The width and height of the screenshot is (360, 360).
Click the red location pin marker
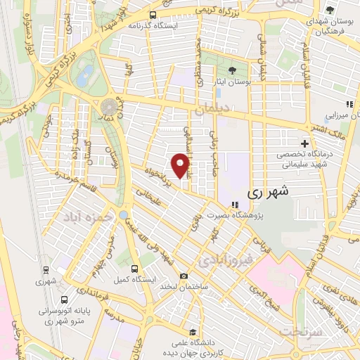[181, 166]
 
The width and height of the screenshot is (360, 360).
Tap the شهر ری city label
[269, 191]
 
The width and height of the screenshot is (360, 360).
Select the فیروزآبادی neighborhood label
[224, 261]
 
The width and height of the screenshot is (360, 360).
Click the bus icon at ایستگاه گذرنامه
[153, 13]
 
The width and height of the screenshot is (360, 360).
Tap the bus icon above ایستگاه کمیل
[136, 269]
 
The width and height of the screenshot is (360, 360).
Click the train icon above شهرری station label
[46, 269]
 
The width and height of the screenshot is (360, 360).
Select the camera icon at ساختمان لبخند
[184, 276]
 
